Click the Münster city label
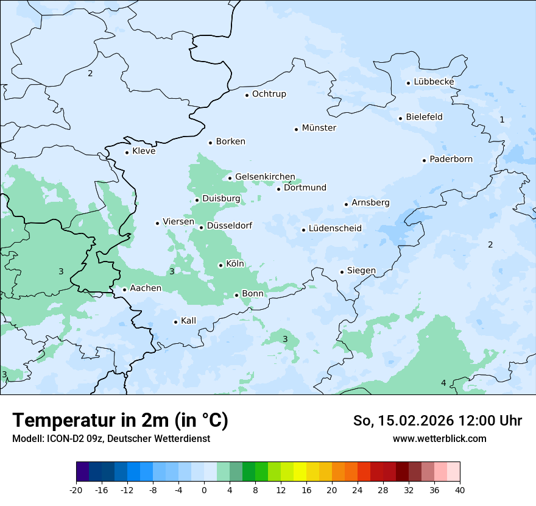click(x=319, y=128)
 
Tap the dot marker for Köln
click(x=220, y=265)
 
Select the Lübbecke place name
click(x=434, y=82)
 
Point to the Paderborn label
click(x=451, y=159)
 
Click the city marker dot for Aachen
click(x=124, y=290)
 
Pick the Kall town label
click(x=188, y=321)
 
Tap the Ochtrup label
click(x=269, y=94)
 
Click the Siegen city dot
click(x=342, y=272)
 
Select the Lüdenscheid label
click(x=335, y=229)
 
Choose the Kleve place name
click(x=144, y=151)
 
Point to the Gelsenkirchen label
click(x=265, y=177)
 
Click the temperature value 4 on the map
click(x=443, y=383)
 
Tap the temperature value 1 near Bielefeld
click(x=502, y=119)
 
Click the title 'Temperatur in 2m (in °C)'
click(x=120, y=420)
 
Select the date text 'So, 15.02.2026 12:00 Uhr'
click(x=437, y=421)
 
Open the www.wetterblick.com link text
click(x=439, y=438)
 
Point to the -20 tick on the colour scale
click(x=76, y=490)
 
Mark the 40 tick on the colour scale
click(x=459, y=490)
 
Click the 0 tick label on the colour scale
click(x=204, y=490)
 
